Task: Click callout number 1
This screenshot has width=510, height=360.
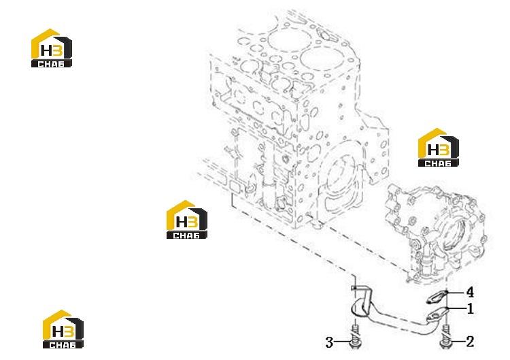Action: point(470,308)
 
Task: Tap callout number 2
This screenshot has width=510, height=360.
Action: point(470,342)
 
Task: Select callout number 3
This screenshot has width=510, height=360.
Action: point(329,342)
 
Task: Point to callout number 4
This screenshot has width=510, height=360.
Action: point(470,292)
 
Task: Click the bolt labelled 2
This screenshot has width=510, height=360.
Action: point(445,338)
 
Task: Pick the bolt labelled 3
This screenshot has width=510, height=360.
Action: point(356,338)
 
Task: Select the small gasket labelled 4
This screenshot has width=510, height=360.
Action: point(437,297)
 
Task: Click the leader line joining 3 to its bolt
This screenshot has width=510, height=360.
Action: point(342,342)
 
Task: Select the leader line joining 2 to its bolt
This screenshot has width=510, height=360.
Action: point(458,342)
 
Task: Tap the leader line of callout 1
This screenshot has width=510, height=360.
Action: point(456,308)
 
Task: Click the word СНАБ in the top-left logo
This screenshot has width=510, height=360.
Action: point(51,64)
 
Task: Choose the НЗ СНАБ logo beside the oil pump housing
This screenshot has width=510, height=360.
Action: point(438,148)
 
